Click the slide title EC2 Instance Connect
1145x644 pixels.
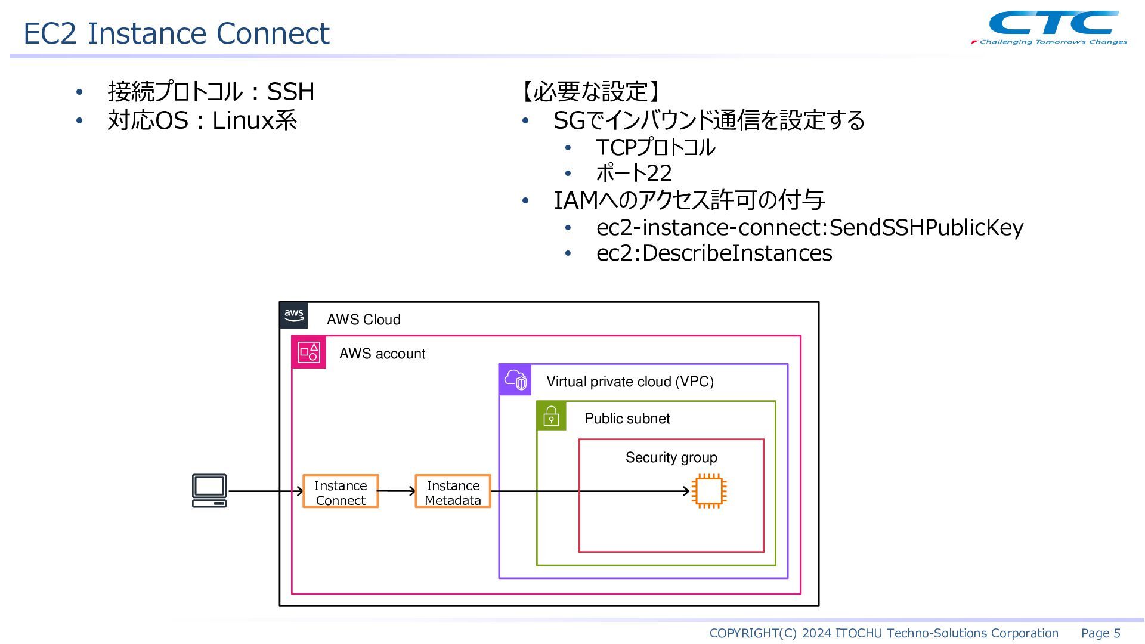(176, 33)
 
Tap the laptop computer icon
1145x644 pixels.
(209, 491)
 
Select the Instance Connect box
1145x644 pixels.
(341, 491)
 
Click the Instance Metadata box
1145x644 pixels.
(453, 491)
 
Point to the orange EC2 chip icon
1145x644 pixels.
(709, 491)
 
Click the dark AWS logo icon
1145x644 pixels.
(294, 315)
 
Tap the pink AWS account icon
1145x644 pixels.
(309, 352)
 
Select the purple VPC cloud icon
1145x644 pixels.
(515, 380)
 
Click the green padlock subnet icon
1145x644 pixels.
(552, 416)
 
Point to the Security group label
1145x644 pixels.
(671, 457)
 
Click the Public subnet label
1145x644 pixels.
(627, 419)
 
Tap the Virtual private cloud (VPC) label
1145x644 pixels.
(630, 382)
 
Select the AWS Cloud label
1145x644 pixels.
(364, 320)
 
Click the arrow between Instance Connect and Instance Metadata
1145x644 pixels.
(397, 491)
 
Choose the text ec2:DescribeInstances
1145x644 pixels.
(714, 253)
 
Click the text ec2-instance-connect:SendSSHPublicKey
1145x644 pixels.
(810, 227)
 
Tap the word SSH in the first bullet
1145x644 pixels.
(290, 92)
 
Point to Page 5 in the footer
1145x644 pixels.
(1101, 633)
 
